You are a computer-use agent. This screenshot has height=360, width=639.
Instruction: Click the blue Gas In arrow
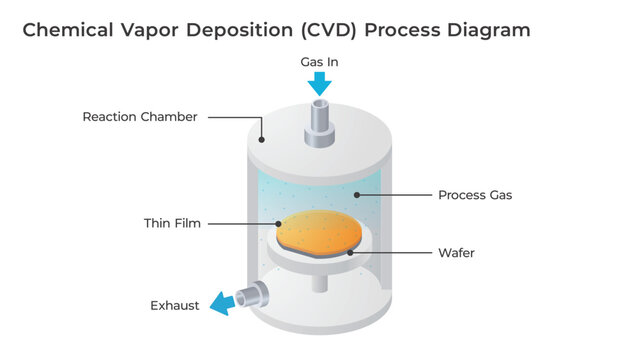click(x=319, y=84)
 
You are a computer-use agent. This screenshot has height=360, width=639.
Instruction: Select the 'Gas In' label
click(x=319, y=62)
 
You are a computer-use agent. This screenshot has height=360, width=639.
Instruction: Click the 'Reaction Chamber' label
click(x=139, y=117)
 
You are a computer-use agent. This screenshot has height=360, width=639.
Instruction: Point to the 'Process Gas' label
click(x=475, y=195)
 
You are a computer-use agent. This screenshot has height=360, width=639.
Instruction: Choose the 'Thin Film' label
click(x=172, y=223)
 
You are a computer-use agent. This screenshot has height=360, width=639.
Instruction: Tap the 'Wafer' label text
click(x=456, y=253)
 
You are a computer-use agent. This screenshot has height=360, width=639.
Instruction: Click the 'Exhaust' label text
click(x=174, y=305)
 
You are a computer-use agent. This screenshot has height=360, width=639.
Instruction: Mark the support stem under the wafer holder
click(x=319, y=283)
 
